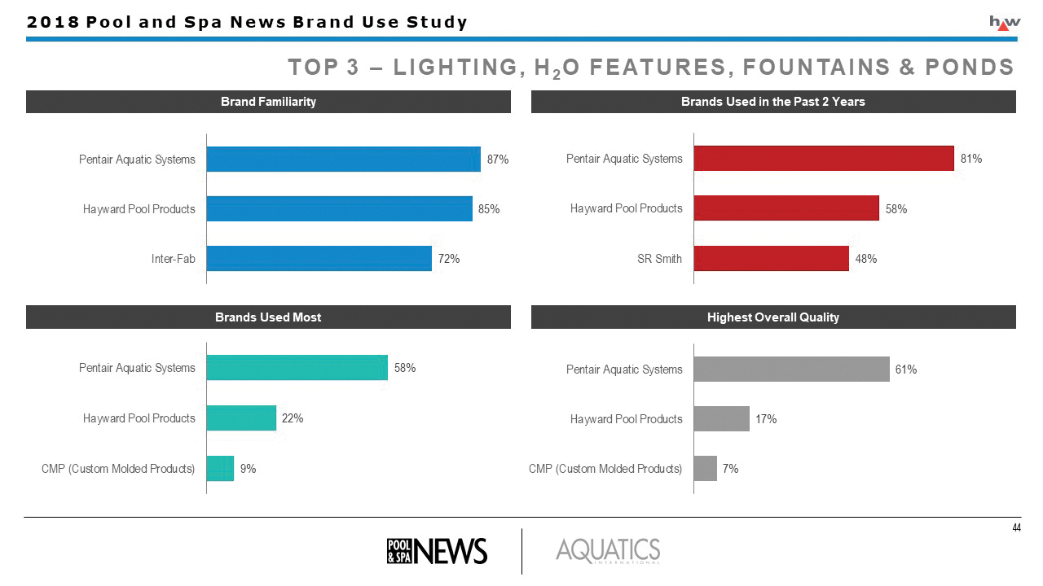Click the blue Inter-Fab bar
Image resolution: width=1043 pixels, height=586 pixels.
[x=319, y=259]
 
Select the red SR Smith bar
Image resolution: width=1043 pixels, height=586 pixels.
[x=771, y=259]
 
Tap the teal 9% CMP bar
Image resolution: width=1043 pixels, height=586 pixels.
[x=220, y=469]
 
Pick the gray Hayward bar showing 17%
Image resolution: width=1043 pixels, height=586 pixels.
[x=721, y=419]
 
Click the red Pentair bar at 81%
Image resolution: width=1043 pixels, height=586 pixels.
[x=823, y=159]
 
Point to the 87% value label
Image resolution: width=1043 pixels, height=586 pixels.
[x=498, y=160]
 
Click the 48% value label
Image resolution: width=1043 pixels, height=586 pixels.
[x=866, y=259]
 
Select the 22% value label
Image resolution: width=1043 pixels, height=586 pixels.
[x=293, y=418]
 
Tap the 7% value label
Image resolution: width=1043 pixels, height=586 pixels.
[x=730, y=469]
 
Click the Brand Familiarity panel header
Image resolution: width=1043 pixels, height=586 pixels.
[x=268, y=102]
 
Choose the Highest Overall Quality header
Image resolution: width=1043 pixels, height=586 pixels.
[x=773, y=317]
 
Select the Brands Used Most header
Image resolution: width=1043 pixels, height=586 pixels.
[x=268, y=317]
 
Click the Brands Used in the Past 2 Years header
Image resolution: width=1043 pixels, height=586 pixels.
[x=773, y=102]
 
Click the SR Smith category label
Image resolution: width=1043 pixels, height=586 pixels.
[x=660, y=259]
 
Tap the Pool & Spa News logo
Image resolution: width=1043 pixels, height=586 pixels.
[x=437, y=551]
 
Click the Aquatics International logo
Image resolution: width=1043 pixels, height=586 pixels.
[x=608, y=551]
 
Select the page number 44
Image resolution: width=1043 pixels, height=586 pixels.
[x=1016, y=528]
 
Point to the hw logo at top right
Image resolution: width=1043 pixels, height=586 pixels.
[x=1004, y=23]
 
